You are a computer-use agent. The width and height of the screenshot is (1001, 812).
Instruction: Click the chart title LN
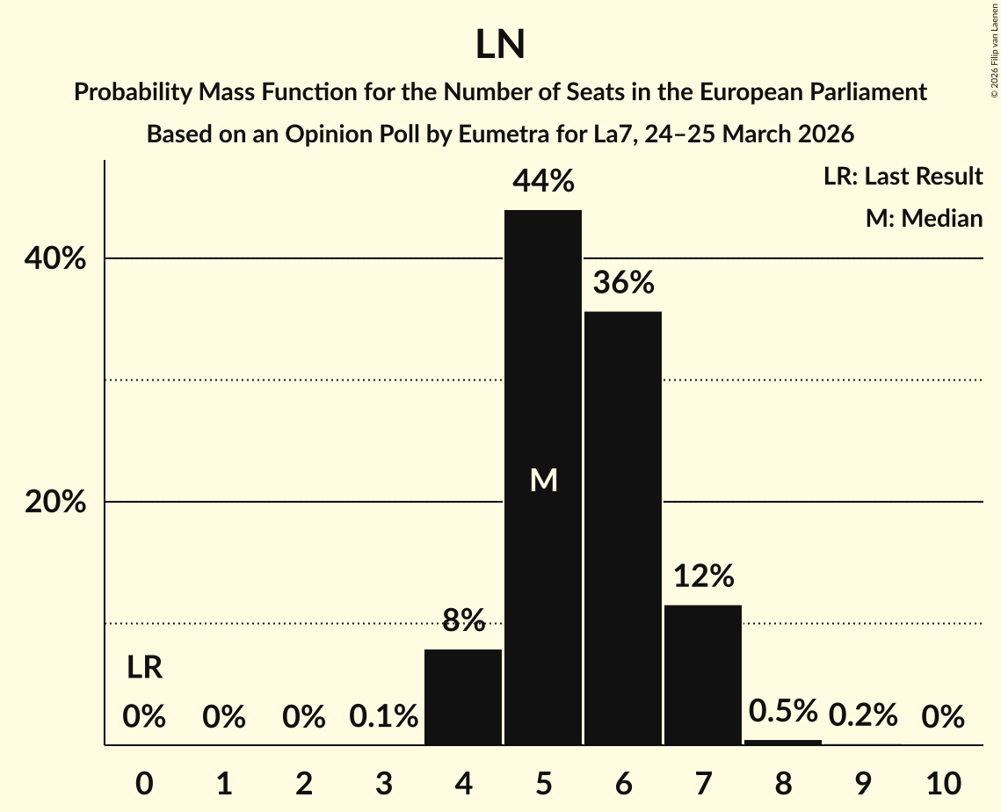click(500, 45)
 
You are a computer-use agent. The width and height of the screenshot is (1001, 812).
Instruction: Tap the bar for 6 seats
click(623, 527)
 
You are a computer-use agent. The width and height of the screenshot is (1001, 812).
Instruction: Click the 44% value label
click(543, 182)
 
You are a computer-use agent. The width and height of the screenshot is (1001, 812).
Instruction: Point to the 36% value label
click(623, 283)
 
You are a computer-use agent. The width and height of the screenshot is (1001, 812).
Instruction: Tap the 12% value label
click(703, 576)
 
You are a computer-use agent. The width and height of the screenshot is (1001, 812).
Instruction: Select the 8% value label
click(463, 620)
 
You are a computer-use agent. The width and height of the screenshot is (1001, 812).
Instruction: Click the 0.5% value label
click(783, 711)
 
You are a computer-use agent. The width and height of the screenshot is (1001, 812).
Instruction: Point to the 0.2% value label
click(863, 715)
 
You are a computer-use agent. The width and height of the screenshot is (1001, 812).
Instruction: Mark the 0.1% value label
click(383, 717)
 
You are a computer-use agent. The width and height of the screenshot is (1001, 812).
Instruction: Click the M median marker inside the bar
click(544, 480)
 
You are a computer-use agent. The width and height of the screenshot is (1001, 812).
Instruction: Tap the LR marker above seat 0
click(144, 668)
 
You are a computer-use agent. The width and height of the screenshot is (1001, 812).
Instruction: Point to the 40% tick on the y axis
click(54, 259)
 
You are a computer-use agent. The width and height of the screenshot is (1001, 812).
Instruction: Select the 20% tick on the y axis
click(54, 503)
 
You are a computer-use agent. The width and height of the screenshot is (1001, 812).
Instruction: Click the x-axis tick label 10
click(943, 782)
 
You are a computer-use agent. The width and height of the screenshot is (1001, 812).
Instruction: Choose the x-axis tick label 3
click(383, 782)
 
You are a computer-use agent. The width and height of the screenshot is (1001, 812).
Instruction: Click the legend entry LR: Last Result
click(903, 177)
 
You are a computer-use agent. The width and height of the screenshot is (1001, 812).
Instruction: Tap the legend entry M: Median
click(924, 218)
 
